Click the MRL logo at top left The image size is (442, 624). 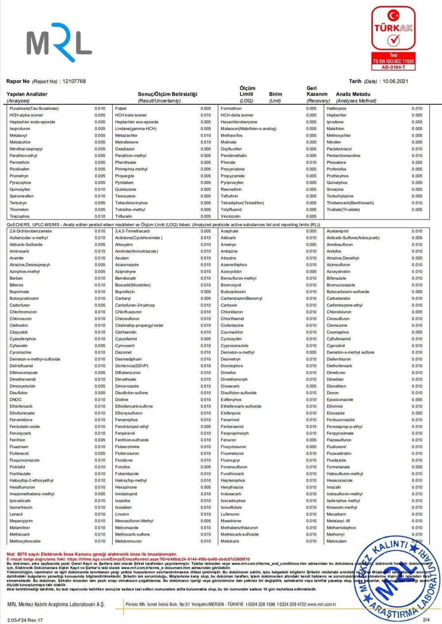[x=59, y=42]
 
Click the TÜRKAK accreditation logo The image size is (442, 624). [x=393, y=38]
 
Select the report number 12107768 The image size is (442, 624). [x=74, y=81]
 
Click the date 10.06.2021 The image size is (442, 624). [x=395, y=81]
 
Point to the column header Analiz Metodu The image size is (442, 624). [x=353, y=94]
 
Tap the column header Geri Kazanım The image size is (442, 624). [x=317, y=91]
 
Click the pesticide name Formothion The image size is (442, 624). [x=231, y=109]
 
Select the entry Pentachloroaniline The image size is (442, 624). [x=343, y=156]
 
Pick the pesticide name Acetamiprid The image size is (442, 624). [x=337, y=231]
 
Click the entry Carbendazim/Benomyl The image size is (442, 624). [x=241, y=299]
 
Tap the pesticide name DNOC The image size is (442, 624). [x=15, y=400]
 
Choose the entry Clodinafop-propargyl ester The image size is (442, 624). [x=139, y=325]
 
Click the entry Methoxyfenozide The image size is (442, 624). [x=25, y=541]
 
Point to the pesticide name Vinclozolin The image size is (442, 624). [x=231, y=216]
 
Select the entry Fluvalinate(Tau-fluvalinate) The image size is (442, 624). [x=34, y=109]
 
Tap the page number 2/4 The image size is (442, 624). [x=426, y=620]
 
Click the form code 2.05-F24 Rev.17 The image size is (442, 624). [x=25, y=620]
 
